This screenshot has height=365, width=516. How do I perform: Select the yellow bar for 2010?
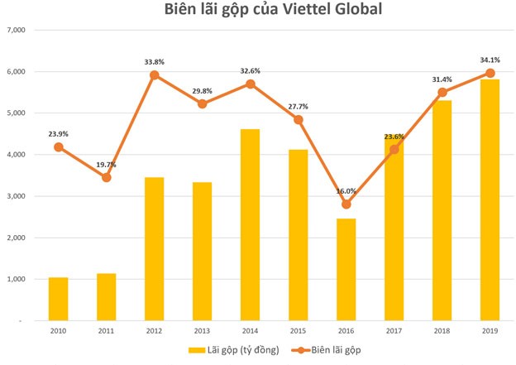pyautogui.click(x=58, y=299)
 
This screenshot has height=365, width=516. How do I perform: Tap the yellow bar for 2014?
pyautogui.click(x=250, y=224)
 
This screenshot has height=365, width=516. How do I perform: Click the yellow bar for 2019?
pyautogui.click(x=490, y=199)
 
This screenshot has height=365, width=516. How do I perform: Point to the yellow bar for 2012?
pyautogui.click(x=154, y=248)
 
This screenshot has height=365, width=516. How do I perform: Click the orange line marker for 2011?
pyautogui.click(x=106, y=177)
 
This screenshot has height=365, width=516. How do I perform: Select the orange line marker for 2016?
pyautogui.click(x=346, y=204)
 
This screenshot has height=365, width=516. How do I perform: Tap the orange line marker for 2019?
pyautogui.click(x=490, y=73)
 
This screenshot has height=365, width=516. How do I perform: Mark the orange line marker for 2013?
pyautogui.click(x=202, y=104)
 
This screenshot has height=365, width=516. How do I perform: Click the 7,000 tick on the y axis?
pyautogui.click(x=17, y=30)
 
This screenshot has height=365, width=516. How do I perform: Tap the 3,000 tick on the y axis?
pyautogui.click(x=17, y=196)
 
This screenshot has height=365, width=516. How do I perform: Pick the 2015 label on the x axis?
pyautogui.click(x=299, y=331)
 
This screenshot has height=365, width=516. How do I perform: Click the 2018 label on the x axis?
pyautogui.click(x=442, y=331)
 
